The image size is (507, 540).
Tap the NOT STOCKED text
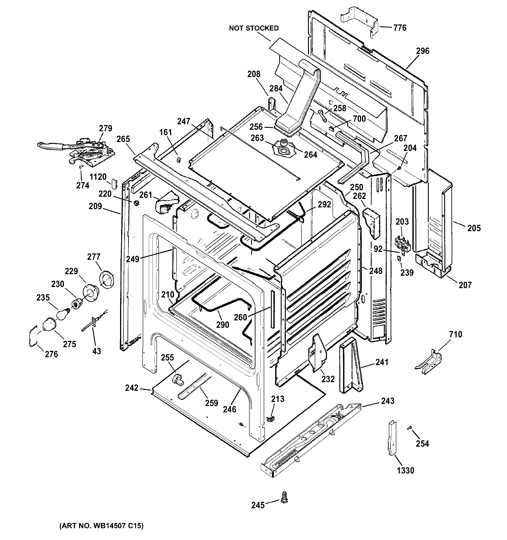[x=253, y=28]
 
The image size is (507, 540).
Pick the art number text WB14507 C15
[x=101, y=526]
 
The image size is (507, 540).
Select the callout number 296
[x=423, y=51]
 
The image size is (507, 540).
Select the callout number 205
[x=474, y=228]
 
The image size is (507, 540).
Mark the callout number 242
[x=132, y=388]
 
